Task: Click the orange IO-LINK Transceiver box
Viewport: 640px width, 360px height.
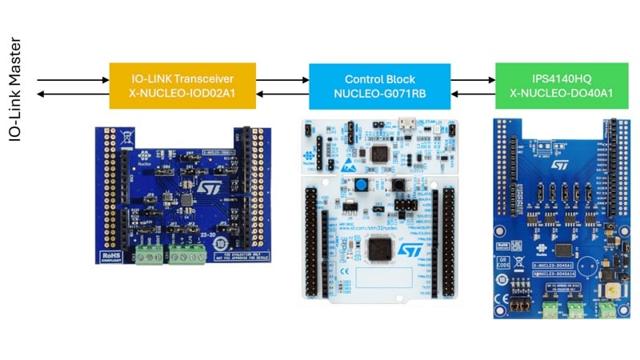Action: (x=182, y=86)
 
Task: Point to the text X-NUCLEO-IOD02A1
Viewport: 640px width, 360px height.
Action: (x=182, y=94)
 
